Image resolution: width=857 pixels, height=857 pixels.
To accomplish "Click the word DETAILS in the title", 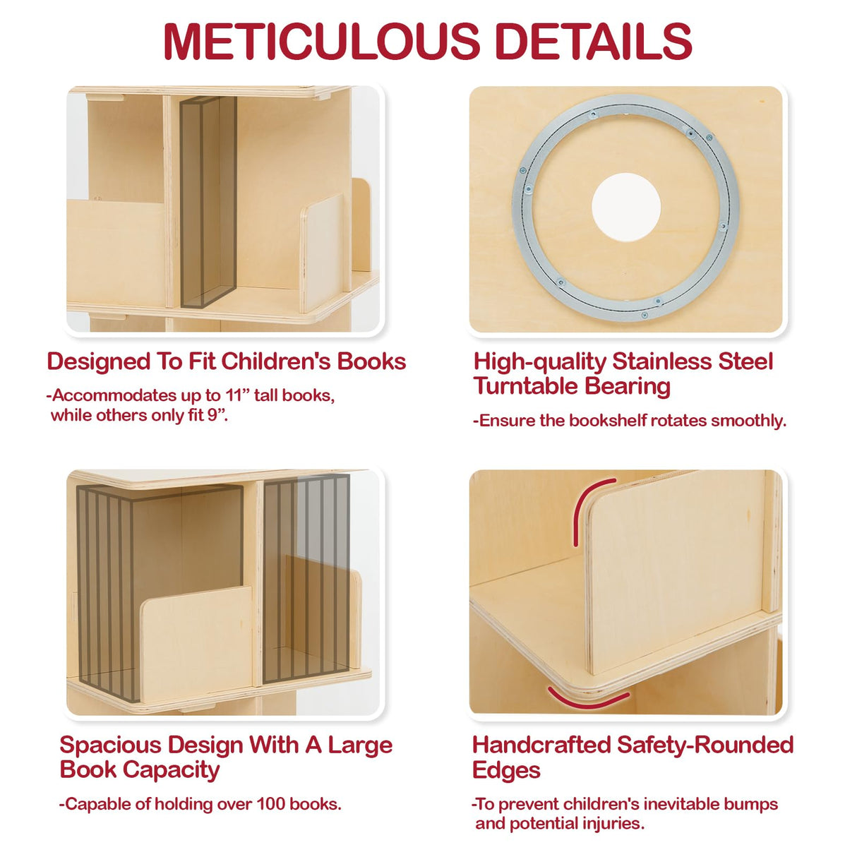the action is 593,42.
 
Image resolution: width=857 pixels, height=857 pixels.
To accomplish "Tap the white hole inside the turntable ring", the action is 625,207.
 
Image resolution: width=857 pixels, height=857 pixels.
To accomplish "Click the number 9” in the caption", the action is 217,415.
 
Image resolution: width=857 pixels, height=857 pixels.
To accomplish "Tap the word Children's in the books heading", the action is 276,361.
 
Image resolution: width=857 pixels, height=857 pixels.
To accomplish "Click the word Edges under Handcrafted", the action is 506,770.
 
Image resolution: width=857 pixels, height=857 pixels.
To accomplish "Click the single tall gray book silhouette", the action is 208,203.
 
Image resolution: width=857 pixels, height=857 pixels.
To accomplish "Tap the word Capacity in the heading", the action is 172,770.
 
